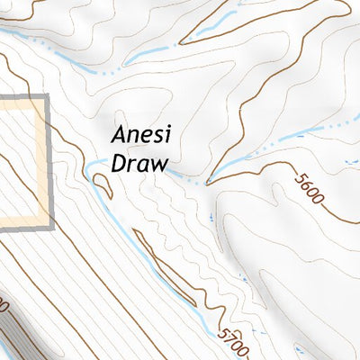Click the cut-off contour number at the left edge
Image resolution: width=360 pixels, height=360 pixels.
[4, 307]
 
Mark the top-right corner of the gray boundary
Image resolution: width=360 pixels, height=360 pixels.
[43, 97]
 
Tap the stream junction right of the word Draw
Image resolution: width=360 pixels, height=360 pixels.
[208, 183]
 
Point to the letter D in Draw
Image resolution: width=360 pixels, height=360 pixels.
[118, 164]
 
